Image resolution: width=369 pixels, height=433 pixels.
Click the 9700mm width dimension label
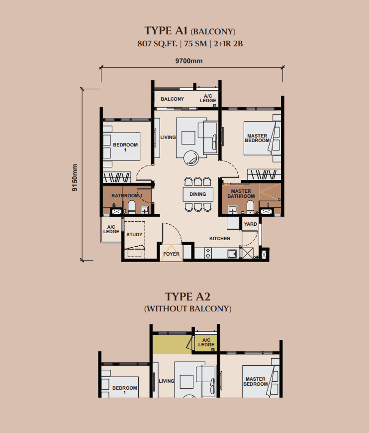click(189, 61)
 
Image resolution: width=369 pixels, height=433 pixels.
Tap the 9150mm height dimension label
click(75, 177)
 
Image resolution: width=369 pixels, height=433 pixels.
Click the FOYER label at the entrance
click(171, 254)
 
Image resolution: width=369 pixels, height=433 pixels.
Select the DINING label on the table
click(197, 194)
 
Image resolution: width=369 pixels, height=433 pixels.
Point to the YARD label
click(250, 224)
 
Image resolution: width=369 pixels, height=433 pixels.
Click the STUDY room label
click(134, 235)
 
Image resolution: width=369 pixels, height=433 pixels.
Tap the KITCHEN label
click(220, 238)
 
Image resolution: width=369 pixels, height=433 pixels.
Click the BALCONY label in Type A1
click(172, 99)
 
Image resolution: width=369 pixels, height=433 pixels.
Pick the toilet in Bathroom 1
click(131, 207)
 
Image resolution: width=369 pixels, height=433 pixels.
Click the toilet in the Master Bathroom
click(250, 207)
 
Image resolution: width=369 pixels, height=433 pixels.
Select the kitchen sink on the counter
click(232, 254)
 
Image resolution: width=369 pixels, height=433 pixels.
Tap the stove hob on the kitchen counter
click(208, 254)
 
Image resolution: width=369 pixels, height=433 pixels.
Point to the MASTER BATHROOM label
click(241, 194)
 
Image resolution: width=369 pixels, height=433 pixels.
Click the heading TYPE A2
click(187, 297)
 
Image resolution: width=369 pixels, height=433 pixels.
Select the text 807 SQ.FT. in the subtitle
click(157, 44)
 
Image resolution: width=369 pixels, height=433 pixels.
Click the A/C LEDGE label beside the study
click(111, 229)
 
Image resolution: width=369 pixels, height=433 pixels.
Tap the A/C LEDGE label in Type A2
click(206, 342)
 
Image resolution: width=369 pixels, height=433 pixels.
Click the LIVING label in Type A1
click(168, 137)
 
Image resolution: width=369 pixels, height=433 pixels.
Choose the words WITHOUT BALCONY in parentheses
click(188, 309)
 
